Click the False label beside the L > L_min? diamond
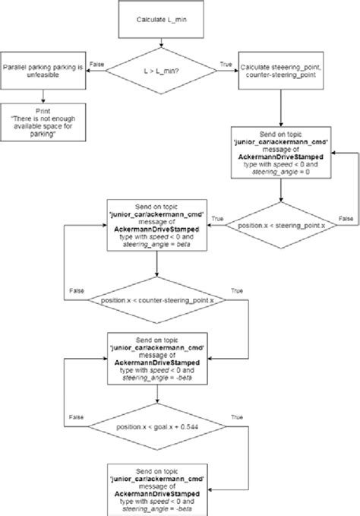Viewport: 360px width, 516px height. [x=97, y=65]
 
